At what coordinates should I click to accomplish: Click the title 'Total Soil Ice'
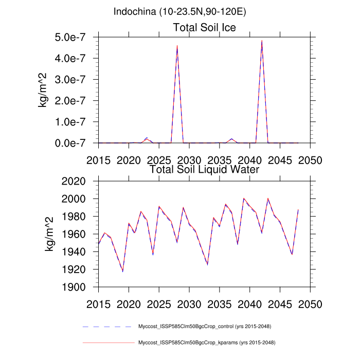click(x=204, y=28)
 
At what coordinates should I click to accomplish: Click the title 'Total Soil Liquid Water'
click(x=204, y=169)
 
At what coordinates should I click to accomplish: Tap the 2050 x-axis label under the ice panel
click(x=310, y=160)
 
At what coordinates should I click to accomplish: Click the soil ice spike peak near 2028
click(x=177, y=46)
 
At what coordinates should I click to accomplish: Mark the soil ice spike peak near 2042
click(x=262, y=41)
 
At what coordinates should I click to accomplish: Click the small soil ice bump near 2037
click(x=231, y=139)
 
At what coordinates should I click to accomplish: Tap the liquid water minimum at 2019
click(x=122, y=272)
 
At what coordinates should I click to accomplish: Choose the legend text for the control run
click(x=205, y=327)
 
